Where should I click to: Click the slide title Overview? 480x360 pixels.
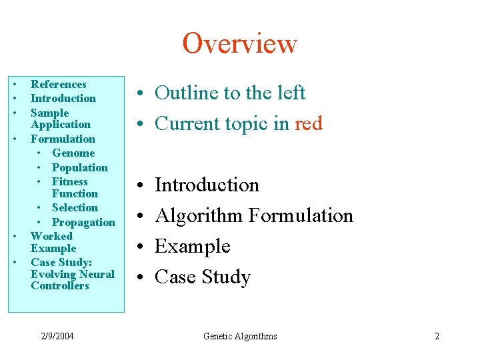[x=239, y=44]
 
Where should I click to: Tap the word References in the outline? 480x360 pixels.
[x=59, y=85]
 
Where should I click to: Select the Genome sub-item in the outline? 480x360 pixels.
[x=73, y=153]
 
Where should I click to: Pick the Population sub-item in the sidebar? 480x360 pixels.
[x=79, y=167]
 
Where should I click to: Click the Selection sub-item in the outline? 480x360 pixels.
[x=75, y=208]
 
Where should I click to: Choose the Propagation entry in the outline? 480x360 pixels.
[x=83, y=222]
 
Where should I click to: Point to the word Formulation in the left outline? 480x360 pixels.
[x=63, y=139]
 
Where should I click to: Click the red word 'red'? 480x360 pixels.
[x=308, y=124]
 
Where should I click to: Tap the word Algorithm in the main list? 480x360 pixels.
[x=199, y=216]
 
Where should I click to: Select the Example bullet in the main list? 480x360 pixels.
[x=192, y=247]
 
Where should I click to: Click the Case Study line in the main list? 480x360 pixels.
[x=202, y=277]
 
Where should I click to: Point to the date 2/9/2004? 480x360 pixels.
[x=57, y=336]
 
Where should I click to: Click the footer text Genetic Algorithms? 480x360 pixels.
[x=240, y=336]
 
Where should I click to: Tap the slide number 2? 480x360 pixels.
[x=437, y=336]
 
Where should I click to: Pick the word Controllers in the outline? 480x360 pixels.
[x=59, y=286]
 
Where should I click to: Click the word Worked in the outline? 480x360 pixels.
[x=51, y=236]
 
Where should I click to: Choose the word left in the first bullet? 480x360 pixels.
[x=291, y=93]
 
